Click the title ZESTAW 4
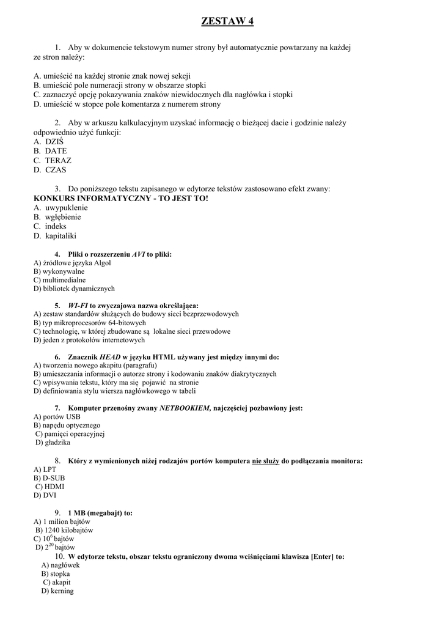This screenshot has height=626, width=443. pyautogui.click(x=227, y=21)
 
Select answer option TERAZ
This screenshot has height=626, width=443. pyautogui.click(x=58, y=160)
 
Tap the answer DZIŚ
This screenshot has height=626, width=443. pyautogui.click(x=54, y=141)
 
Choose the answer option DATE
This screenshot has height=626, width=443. pyautogui.click(x=56, y=151)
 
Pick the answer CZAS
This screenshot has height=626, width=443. pyautogui.click(x=56, y=170)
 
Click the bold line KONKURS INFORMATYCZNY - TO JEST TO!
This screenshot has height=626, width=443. pyautogui.click(x=121, y=199)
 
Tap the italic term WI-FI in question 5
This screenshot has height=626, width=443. pyautogui.click(x=78, y=305)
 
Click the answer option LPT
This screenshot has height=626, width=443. pyautogui.click(x=49, y=469)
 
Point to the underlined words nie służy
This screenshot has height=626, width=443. pyautogui.click(x=266, y=460)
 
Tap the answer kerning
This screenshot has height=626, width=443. pyautogui.click(x=62, y=591)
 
